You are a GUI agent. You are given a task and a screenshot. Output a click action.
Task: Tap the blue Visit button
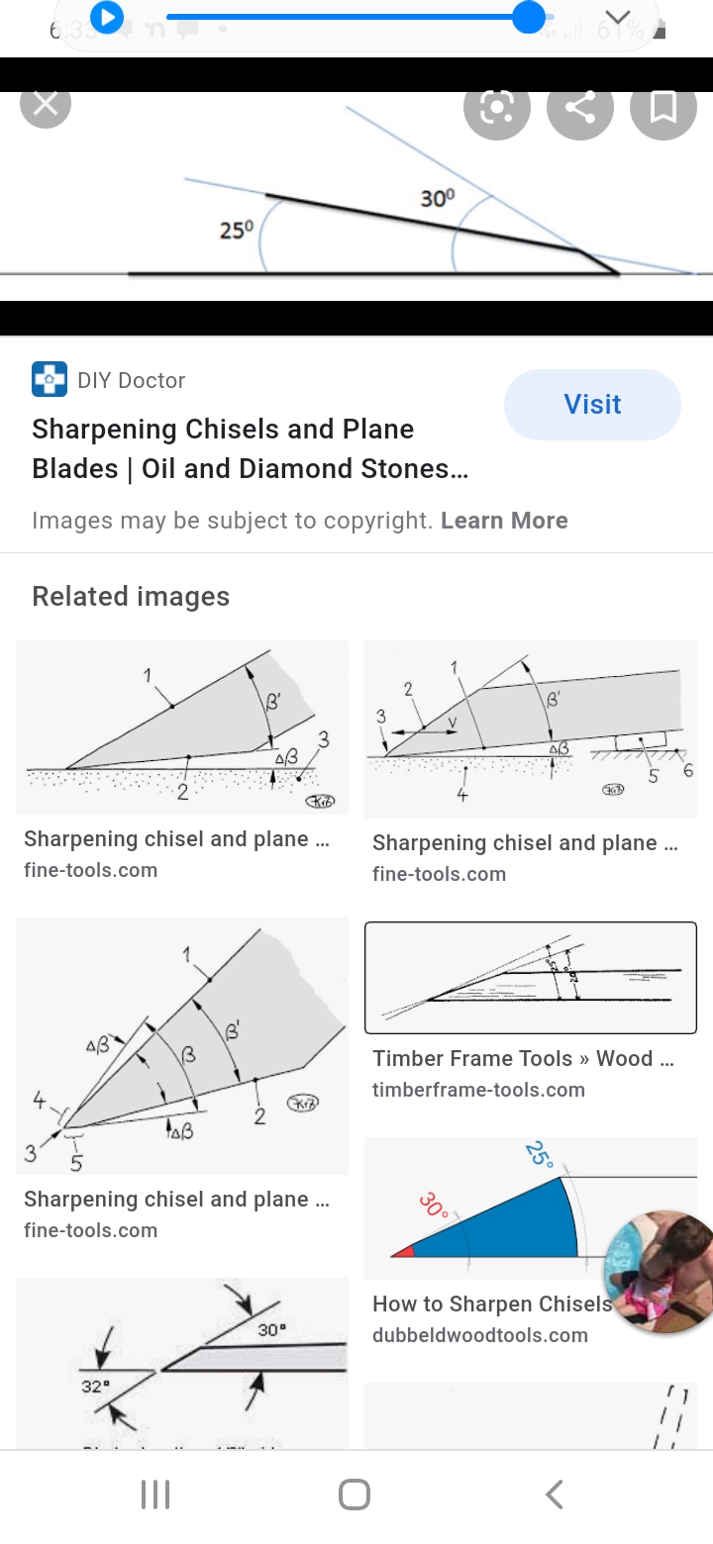click(592, 404)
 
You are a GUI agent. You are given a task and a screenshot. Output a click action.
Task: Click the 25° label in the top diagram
click(237, 231)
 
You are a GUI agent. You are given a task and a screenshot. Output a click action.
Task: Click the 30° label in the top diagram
click(438, 198)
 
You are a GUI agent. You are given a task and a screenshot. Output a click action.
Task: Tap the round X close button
click(46, 104)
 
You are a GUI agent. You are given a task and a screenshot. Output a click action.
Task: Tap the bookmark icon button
click(662, 107)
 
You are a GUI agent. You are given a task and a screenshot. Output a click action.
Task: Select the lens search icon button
click(496, 107)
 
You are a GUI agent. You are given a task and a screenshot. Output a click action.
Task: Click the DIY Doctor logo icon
click(50, 380)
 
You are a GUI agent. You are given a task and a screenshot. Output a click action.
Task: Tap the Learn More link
click(504, 521)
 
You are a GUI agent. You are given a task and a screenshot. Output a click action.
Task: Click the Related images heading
click(131, 596)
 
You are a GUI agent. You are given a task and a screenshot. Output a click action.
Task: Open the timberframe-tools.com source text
click(478, 1090)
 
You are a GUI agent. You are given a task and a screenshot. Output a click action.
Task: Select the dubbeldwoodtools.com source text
click(480, 1335)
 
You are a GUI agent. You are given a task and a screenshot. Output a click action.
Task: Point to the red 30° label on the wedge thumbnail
click(433, 1206)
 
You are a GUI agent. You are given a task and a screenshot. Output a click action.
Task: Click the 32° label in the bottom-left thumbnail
click(95, 1387)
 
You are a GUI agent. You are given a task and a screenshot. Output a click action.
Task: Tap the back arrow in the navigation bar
click(555, 1495)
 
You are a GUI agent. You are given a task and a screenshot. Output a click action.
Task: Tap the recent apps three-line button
click(155, 1495)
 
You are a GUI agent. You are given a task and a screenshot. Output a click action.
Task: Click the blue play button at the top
click(106, 17)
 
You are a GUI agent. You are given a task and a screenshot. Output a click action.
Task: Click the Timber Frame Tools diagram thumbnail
click(531, 978)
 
